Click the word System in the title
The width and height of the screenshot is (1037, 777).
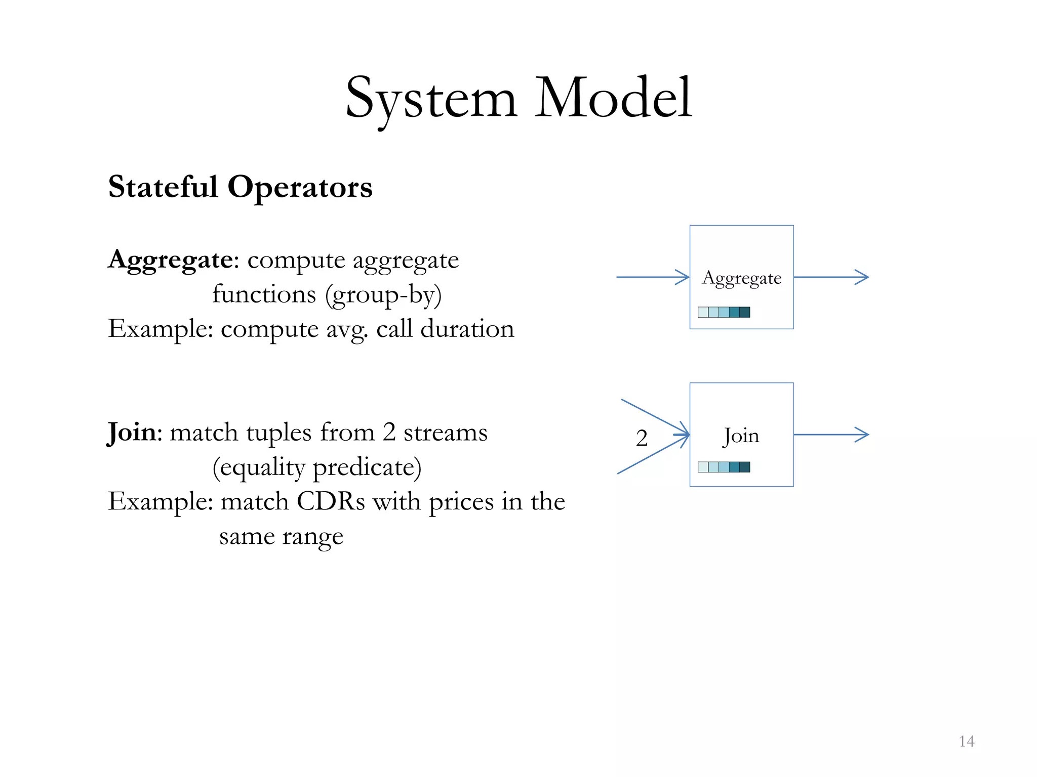(431, 98)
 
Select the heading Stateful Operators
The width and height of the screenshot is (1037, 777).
(241, 187)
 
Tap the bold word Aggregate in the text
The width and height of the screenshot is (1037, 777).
(170, 261)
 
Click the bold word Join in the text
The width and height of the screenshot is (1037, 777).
(132, 433)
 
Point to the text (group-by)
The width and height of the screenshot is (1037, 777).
(383, 295)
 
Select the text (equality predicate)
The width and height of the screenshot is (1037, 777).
(317, 467)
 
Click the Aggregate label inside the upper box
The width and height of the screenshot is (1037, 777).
(741, 278)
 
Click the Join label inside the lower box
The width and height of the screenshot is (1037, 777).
(741, 436)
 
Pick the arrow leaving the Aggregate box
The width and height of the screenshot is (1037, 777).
(831, 277)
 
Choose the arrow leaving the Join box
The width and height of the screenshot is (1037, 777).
(831, 435)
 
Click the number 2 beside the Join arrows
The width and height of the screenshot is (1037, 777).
(642, 438)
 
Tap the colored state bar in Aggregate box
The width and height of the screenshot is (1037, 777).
(724, 312)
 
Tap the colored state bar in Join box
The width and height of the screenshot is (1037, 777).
(724, 467)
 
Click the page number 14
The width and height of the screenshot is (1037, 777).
(966, 742)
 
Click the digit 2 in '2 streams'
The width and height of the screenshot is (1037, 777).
(389, 433)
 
